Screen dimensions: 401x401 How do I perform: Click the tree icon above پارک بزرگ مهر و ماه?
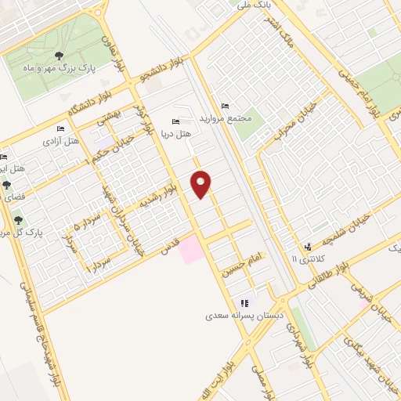(x=60, y=55)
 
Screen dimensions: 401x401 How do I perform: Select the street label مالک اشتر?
(x=278, y=35)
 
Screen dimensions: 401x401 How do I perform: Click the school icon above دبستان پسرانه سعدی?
(x=244, y=303)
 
